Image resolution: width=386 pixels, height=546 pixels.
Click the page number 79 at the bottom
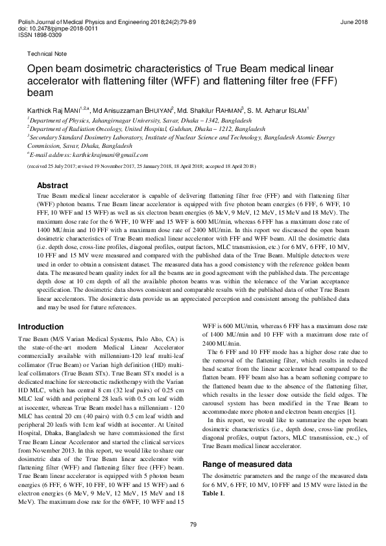click(x=193, y=523)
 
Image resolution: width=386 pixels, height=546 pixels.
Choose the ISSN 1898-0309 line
click(x=42, y=36)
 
